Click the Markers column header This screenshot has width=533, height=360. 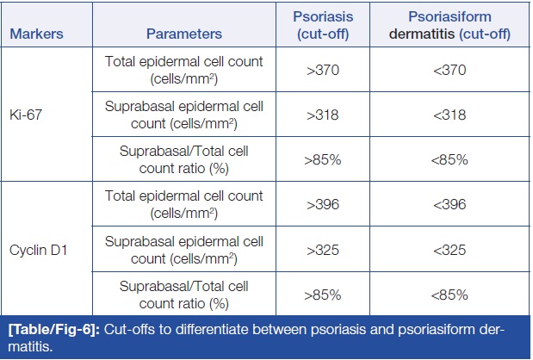[x=36, y=34]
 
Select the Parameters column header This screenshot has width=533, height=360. [x=184, y=34]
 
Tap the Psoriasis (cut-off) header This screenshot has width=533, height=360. [x=323, y=25]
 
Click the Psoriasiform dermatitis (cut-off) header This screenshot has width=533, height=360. [x=449, y=25]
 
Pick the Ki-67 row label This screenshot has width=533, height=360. [x=26, y=115]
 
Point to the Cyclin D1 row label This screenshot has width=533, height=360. [x=38, y=250]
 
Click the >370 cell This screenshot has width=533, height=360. [x=323, y=70]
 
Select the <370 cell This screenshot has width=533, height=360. [x=449, y=70]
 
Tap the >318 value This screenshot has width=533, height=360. [x=323, y=115]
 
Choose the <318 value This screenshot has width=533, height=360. [x=449, y=115]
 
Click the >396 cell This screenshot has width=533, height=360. [x=323, y=204]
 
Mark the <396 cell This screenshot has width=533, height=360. [x=449, y=204]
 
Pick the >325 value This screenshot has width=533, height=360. [x=323, y=250]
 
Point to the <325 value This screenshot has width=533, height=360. [x=449, y=250]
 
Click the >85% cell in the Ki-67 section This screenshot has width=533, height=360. [x=323, y=160]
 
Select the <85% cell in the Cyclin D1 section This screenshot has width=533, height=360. [x=449, y=295]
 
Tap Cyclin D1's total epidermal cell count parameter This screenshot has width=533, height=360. [x=184, y=204]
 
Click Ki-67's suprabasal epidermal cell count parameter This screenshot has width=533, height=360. [x=184, y=115]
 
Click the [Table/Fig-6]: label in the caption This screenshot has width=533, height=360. [x=54, y=329]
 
